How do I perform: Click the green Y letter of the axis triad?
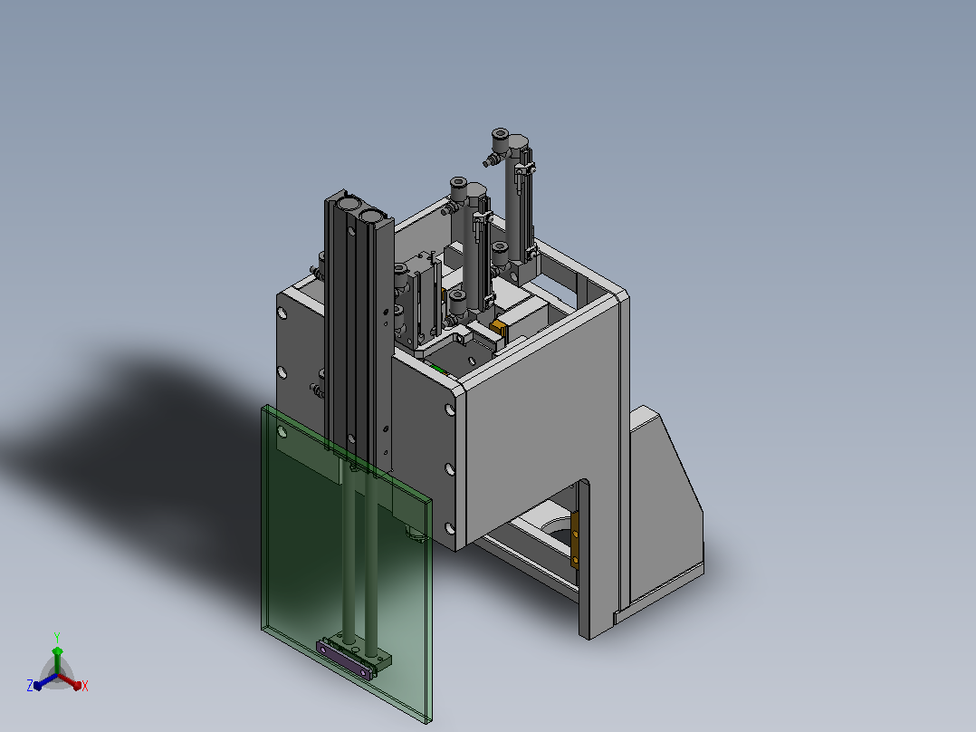(x=57, y=637)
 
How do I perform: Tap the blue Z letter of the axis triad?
(x=30, y=685)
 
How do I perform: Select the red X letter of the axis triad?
(x=85, y=686)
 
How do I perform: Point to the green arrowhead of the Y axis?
(x=57, y=651)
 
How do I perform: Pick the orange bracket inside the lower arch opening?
(x=575, y=540)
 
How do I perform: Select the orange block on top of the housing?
(x=497, y=327)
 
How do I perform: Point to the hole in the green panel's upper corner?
(x=282, y=431)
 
